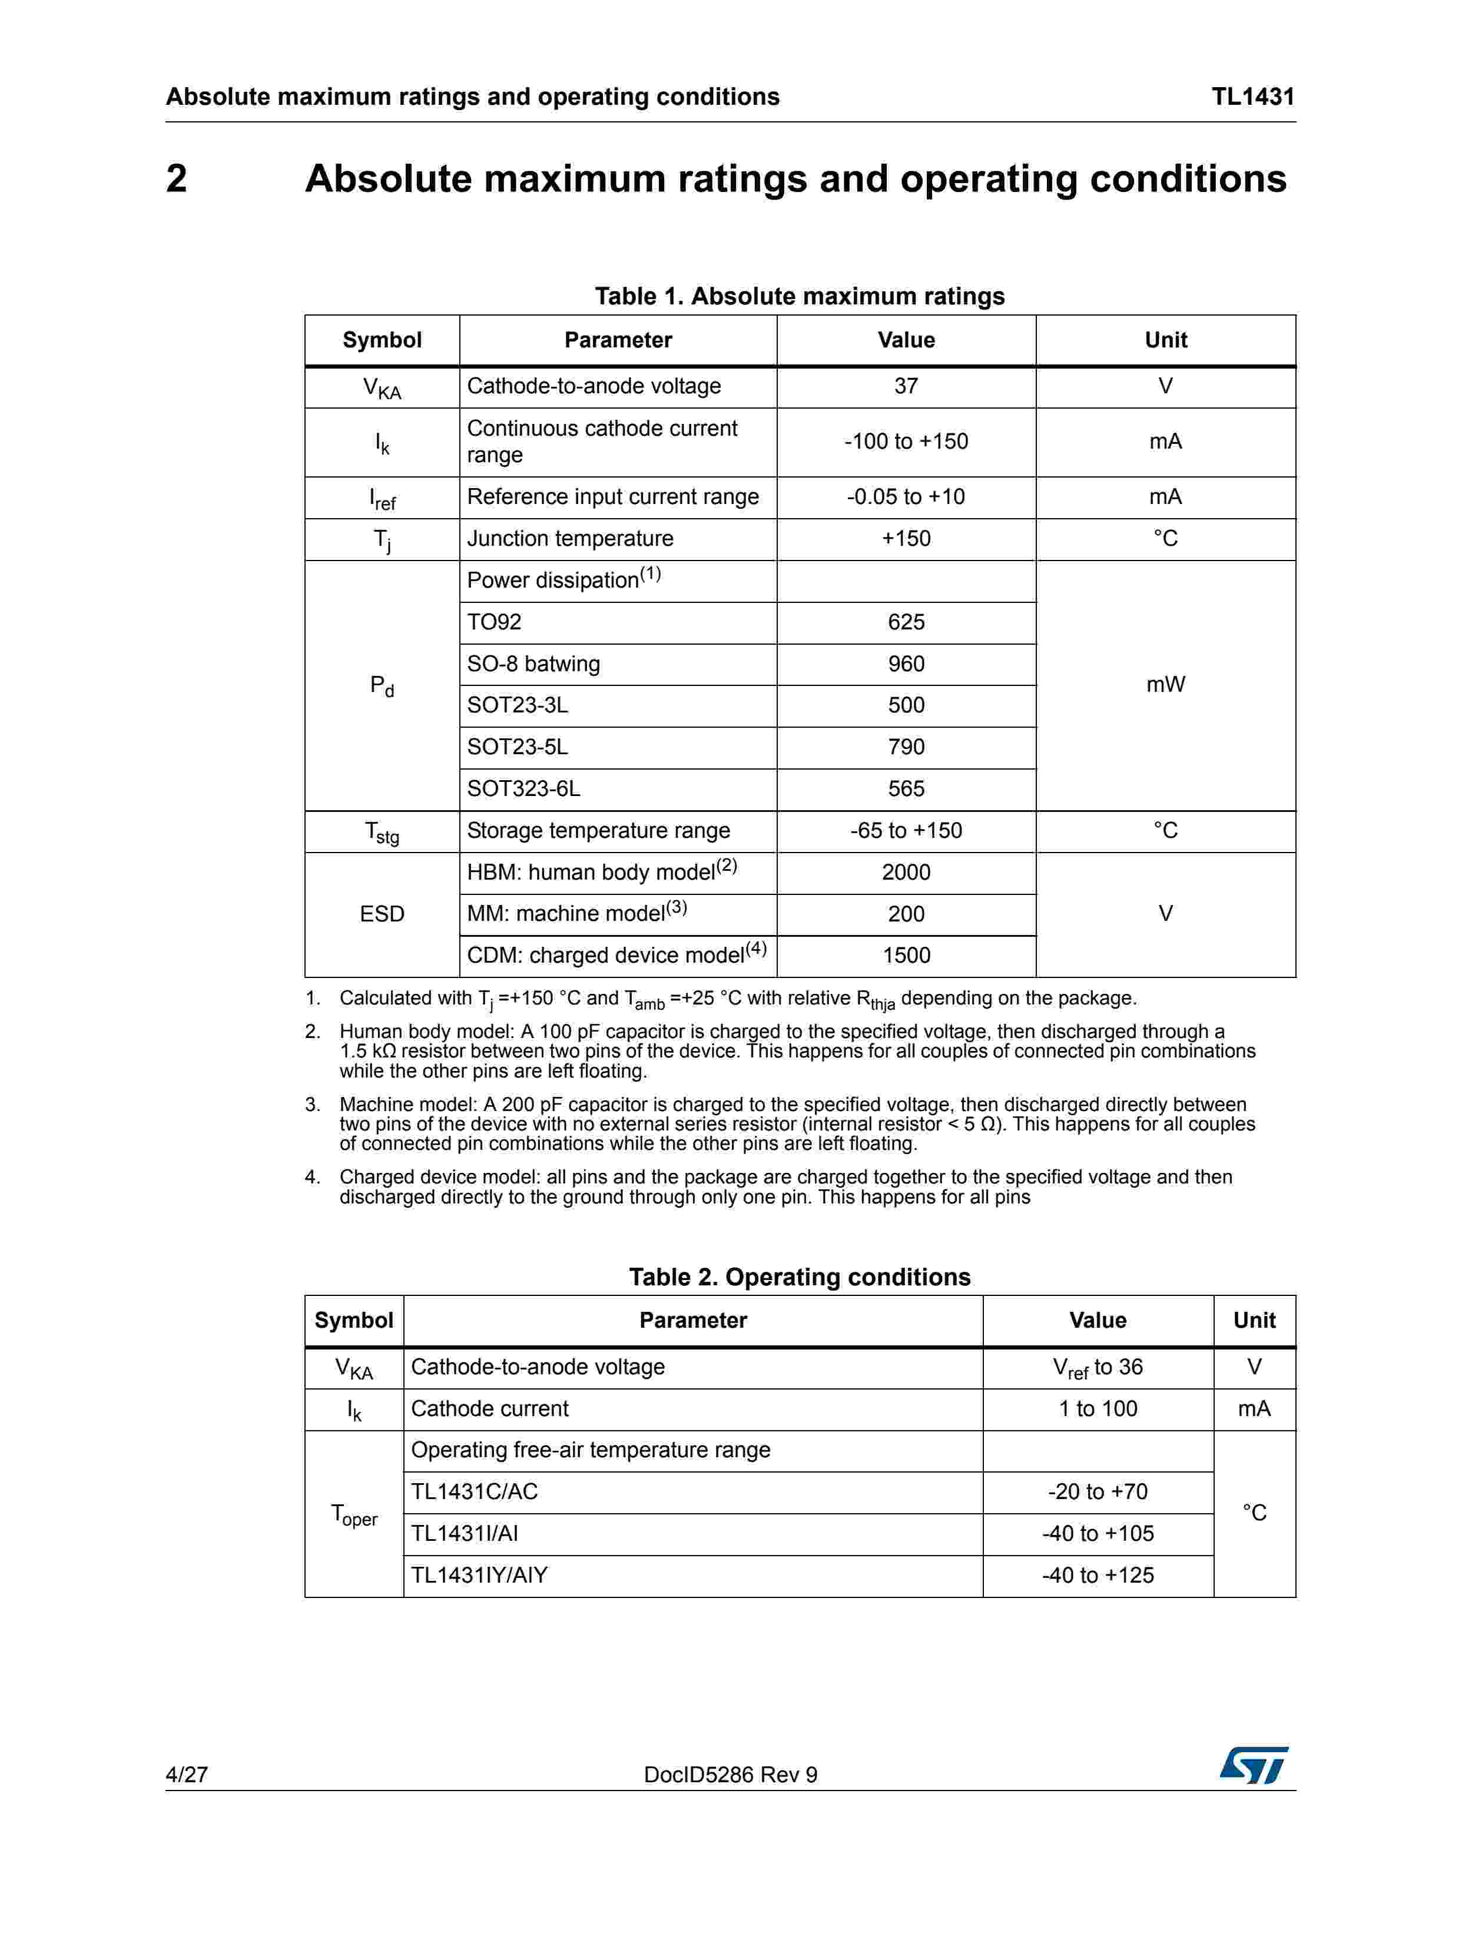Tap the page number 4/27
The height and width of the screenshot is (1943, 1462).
pyautogui.click(x=186, y=1775)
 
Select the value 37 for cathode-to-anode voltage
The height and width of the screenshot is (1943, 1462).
pyautogui.click(x=906, y=386)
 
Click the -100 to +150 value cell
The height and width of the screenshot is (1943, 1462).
pyautogui.click(x=906, y=441)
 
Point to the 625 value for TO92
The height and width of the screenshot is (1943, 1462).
pyautogui.click(x=906, y=622)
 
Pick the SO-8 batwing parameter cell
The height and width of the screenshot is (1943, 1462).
pyautogui.click(x=533, y=664)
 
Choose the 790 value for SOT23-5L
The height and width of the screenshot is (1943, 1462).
pyautogui.click(x=906, y=747)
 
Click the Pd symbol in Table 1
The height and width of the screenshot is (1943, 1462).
pyautogui.click(x=382, y=685)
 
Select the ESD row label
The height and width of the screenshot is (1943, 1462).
pyautogui.click(x=382, y=914)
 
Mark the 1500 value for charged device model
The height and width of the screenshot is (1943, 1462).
pyautogui.click(x=906, y=956)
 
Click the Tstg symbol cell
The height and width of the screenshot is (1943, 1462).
pyautogui.click(x=382, y=831)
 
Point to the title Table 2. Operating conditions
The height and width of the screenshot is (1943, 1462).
pyautogui.click(x=800, y=1277)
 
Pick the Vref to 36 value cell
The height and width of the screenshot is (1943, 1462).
pyautogui.click(x=1098, y=1368)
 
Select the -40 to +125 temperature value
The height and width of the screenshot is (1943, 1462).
pyautogui.click(x=1098, y=1576)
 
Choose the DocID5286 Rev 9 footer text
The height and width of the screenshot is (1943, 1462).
pyautogui.click(x=730, y=1775)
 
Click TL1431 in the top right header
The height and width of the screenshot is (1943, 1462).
pyautogui.click(x=1253, y=97)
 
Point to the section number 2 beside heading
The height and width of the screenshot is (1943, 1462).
pyautogui.click(x=177, y=179)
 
